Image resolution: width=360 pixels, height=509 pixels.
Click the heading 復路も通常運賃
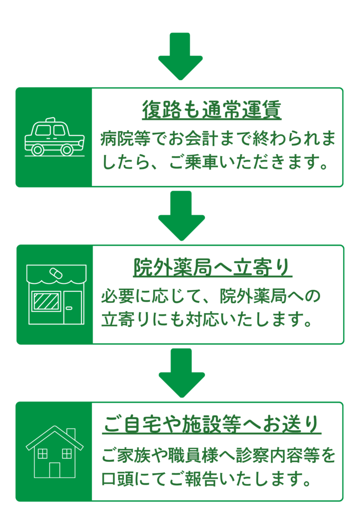pos(212,110)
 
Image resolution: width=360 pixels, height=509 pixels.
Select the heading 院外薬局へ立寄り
pos(212,268)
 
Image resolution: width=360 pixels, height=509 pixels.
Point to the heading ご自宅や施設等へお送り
pos(212,424)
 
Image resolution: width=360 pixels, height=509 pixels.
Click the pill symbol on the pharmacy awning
pos(55,274)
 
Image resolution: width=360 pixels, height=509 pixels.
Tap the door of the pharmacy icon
pos(72,307)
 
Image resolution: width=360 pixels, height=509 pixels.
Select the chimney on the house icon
pos(71,433)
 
